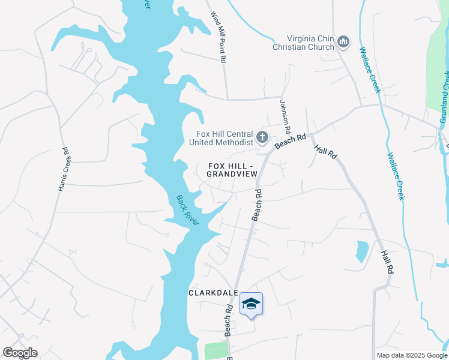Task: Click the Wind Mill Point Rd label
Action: tap(218, 36)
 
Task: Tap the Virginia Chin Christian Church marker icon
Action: tap(343, 41)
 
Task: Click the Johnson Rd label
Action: tap(286, 116)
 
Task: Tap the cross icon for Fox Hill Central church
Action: tap(262, 138)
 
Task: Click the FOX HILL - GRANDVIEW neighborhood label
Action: tap(232, 169)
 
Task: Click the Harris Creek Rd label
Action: tap(64, 170)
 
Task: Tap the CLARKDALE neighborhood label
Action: tap(214, 293)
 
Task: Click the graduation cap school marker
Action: tap(252, 304)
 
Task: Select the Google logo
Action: tap(20, 353)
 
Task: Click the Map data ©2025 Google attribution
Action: tap(412, 355)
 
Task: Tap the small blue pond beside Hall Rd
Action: tap(362, 251)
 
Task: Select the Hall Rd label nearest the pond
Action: tap(387, 262)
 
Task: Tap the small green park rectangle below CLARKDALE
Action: tap(216, 350)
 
